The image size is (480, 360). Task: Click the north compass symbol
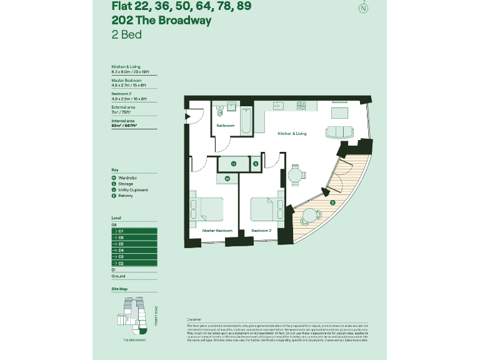click(x=362, y=8)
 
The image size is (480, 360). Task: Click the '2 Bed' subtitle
click(x=126, y=34)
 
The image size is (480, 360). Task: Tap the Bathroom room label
click(x=225, y=126)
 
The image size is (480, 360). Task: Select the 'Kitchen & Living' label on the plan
click(x=292, y=133)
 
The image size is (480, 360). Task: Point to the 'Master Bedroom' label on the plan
click(x=217, y=231)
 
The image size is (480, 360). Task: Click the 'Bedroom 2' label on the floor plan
click(x=261, y=231)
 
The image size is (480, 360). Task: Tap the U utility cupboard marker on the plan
click(x=233, y=164)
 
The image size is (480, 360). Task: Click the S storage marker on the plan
click(x=256, y=164)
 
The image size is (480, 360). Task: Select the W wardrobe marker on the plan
click(x=227, y=179)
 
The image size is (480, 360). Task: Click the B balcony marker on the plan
click(x=332, y=202)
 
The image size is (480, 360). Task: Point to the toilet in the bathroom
click(x=220, y=112)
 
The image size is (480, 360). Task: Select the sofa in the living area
click(x=339, y=132)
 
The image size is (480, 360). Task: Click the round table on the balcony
click(x=311, y=216)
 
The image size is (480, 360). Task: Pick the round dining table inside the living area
click(x=295, y=173)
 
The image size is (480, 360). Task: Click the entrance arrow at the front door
click(x=187, y=116)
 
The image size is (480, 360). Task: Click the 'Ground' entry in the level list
click(x=118, y=276)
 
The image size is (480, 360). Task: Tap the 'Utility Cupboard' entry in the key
click(x=132, y=190)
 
